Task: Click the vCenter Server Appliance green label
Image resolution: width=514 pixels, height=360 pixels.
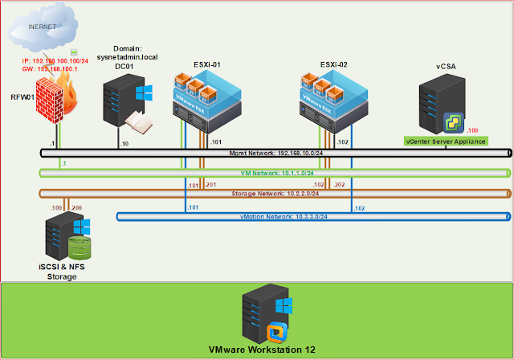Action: (447, 141)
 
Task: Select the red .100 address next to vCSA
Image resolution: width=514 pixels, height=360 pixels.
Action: (472, 129)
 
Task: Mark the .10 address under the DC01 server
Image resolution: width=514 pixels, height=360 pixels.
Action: (123, 143)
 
